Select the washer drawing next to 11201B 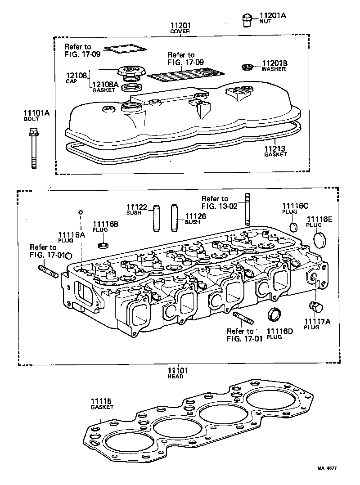[x=246, y=67]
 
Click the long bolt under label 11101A [x=33, y=148]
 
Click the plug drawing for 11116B [x=103, y=245]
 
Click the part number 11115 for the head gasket [x=101, y=401]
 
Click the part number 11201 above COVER [x=180, y=26]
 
